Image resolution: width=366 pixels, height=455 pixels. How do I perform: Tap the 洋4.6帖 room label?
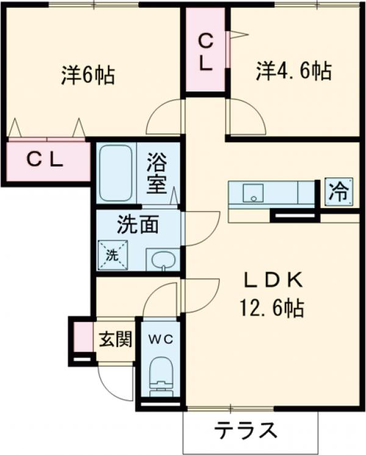[294, 72]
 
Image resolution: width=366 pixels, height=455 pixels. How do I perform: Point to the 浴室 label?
[157, 174]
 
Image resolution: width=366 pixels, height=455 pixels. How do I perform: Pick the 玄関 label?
[115, 340]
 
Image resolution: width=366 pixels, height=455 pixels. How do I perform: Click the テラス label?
[244, 431]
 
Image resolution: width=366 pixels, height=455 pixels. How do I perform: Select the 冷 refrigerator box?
[338, 193]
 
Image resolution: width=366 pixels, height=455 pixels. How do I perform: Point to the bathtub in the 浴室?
[115, 173]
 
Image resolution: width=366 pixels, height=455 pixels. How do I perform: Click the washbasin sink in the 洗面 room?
[162, 260]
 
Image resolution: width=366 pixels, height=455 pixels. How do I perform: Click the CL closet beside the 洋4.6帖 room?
[206, 52]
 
